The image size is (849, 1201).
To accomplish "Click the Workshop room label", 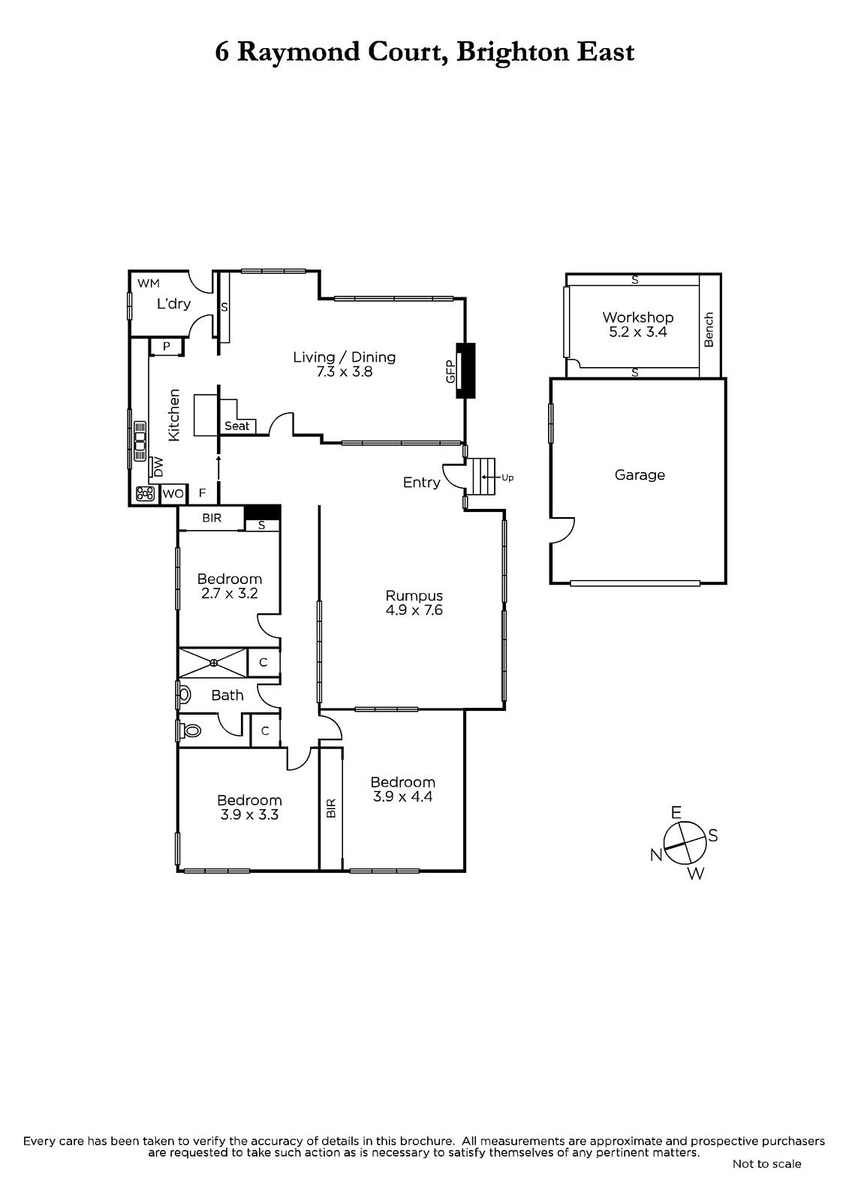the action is pos(638,318).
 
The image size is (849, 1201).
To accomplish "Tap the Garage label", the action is pos(640,475).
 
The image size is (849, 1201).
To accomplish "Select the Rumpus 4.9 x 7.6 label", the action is pos(414,603).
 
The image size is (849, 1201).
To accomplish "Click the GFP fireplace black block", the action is pos(465,370).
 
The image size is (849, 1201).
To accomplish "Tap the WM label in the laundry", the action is pos(149,283).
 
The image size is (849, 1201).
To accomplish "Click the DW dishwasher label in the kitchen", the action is pos(158,466).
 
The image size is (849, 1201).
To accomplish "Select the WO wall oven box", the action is pos(173,493).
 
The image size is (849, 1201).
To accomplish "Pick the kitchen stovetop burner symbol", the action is pos(146,493).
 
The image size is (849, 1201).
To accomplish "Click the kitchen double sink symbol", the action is pos(140,441).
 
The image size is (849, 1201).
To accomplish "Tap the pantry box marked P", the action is pos(166,347).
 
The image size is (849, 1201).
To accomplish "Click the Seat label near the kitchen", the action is pos(237,426).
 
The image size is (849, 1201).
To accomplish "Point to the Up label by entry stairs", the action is pos(507,477).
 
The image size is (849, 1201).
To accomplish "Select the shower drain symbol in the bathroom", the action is pos(213,663).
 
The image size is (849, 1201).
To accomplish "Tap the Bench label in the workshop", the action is pos(709,330).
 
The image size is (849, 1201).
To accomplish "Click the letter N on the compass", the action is pos(657,855).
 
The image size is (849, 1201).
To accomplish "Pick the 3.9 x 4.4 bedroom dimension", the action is pos(403,796).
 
